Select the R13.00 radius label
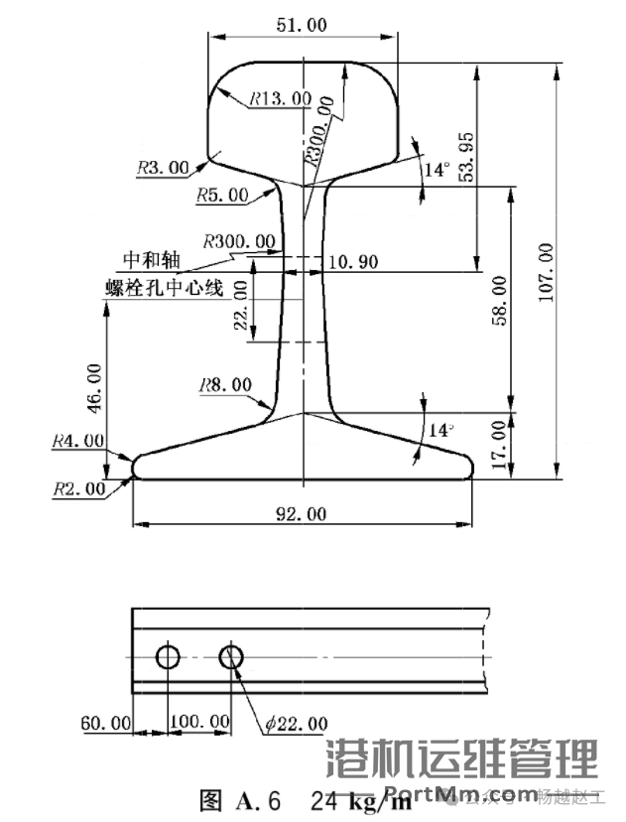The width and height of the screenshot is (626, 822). (x=280, y=99)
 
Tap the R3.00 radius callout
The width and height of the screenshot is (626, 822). (x=162, y=169)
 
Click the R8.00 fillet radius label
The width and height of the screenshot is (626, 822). (x=224, y=384)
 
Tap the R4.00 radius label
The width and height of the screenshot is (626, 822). (x=80, y=439)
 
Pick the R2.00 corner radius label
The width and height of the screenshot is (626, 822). (x=80, y=487)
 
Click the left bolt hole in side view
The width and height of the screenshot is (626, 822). (x=167, y=657)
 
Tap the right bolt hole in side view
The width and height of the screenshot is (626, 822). (x=232, y=657)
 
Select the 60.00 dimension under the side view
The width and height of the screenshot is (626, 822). (x=105, y=722)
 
